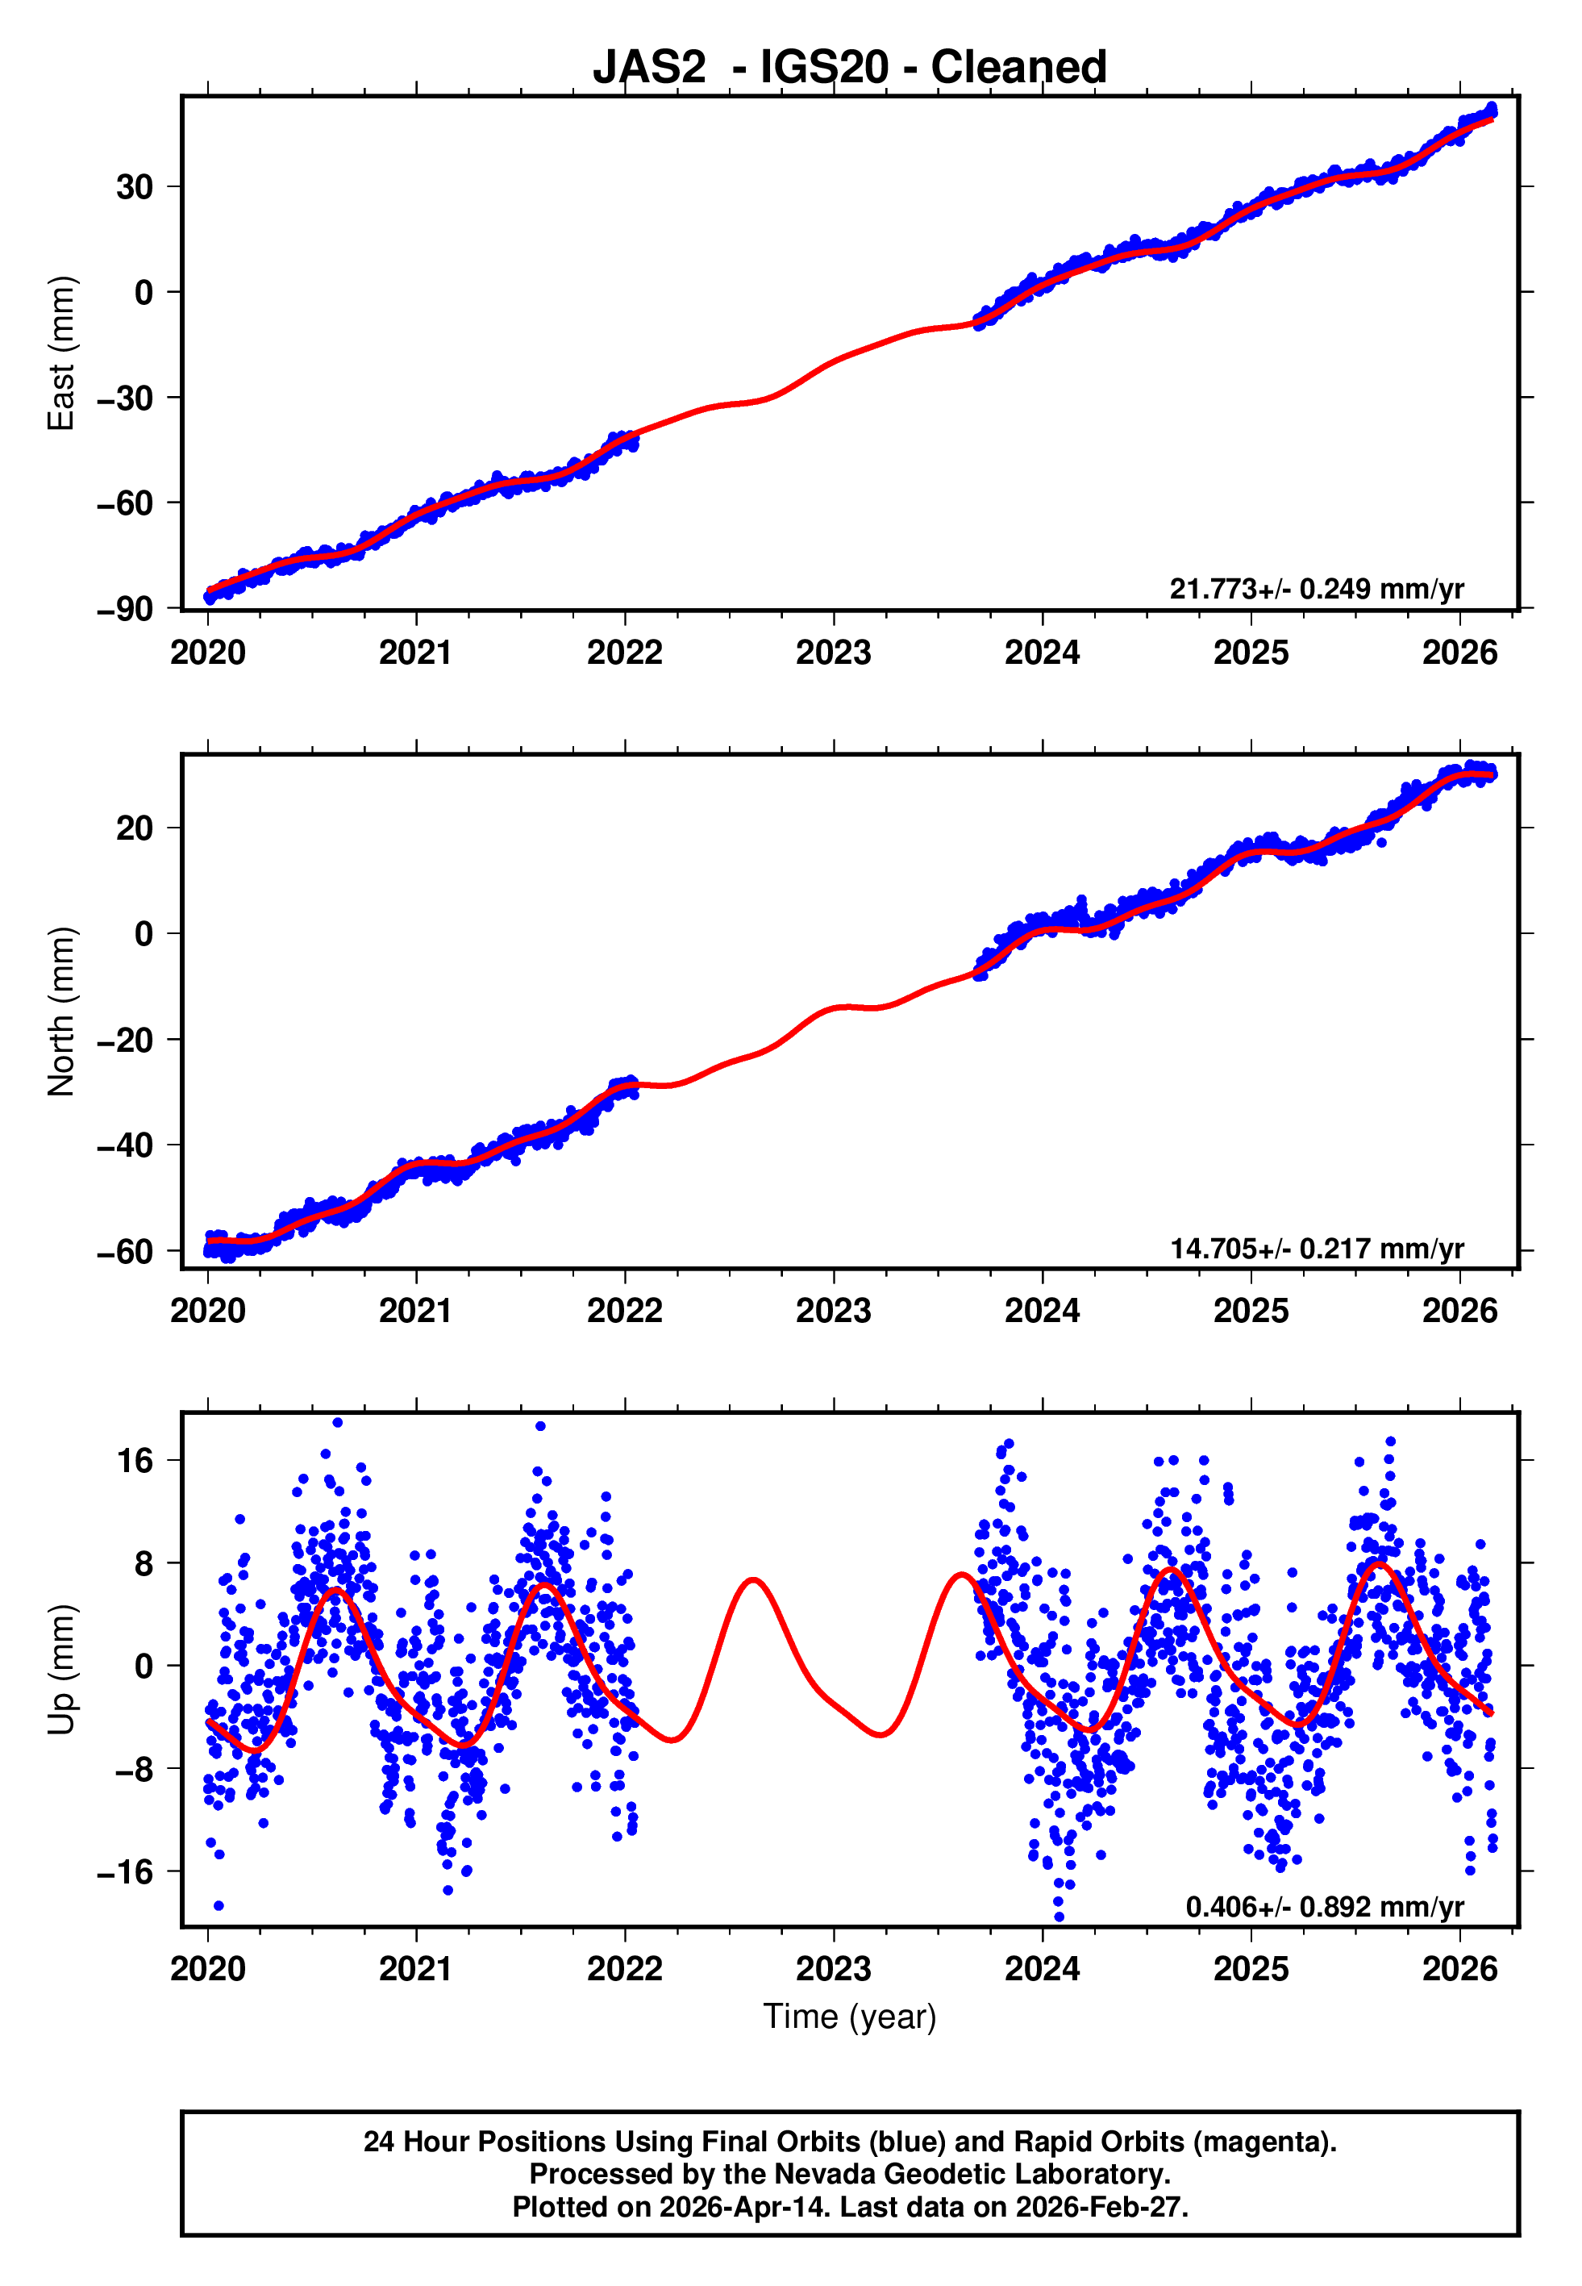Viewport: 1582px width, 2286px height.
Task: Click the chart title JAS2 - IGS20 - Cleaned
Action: pos(850,68)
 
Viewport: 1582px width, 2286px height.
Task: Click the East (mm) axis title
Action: pos(61,353)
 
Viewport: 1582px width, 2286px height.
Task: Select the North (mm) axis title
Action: pos(61,1012)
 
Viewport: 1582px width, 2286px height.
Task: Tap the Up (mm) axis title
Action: pos(61,1668)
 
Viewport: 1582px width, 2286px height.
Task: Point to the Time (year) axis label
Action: pos(850,2017)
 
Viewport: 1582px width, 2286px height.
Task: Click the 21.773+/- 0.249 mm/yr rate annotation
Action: pos(1317,589)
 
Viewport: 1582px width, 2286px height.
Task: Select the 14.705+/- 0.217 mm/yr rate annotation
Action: pos(1317,1248)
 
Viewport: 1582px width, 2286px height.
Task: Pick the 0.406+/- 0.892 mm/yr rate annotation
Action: pos(1324,1906)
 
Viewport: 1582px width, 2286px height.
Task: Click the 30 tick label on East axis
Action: pos(135,186)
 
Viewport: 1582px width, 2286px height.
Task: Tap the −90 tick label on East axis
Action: pos(125,609)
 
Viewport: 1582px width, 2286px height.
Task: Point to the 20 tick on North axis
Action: pos(135,828)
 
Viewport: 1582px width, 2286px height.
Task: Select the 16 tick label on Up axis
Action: pos(135,1460)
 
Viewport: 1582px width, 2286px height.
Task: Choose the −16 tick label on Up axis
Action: pos(125,1871)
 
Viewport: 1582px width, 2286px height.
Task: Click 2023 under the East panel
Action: pos(834,653)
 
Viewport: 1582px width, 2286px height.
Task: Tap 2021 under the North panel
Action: pos(416,1311)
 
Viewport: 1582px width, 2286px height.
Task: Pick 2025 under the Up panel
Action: pos(1251,1969)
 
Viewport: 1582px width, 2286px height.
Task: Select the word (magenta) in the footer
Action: pos(1264,2142)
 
